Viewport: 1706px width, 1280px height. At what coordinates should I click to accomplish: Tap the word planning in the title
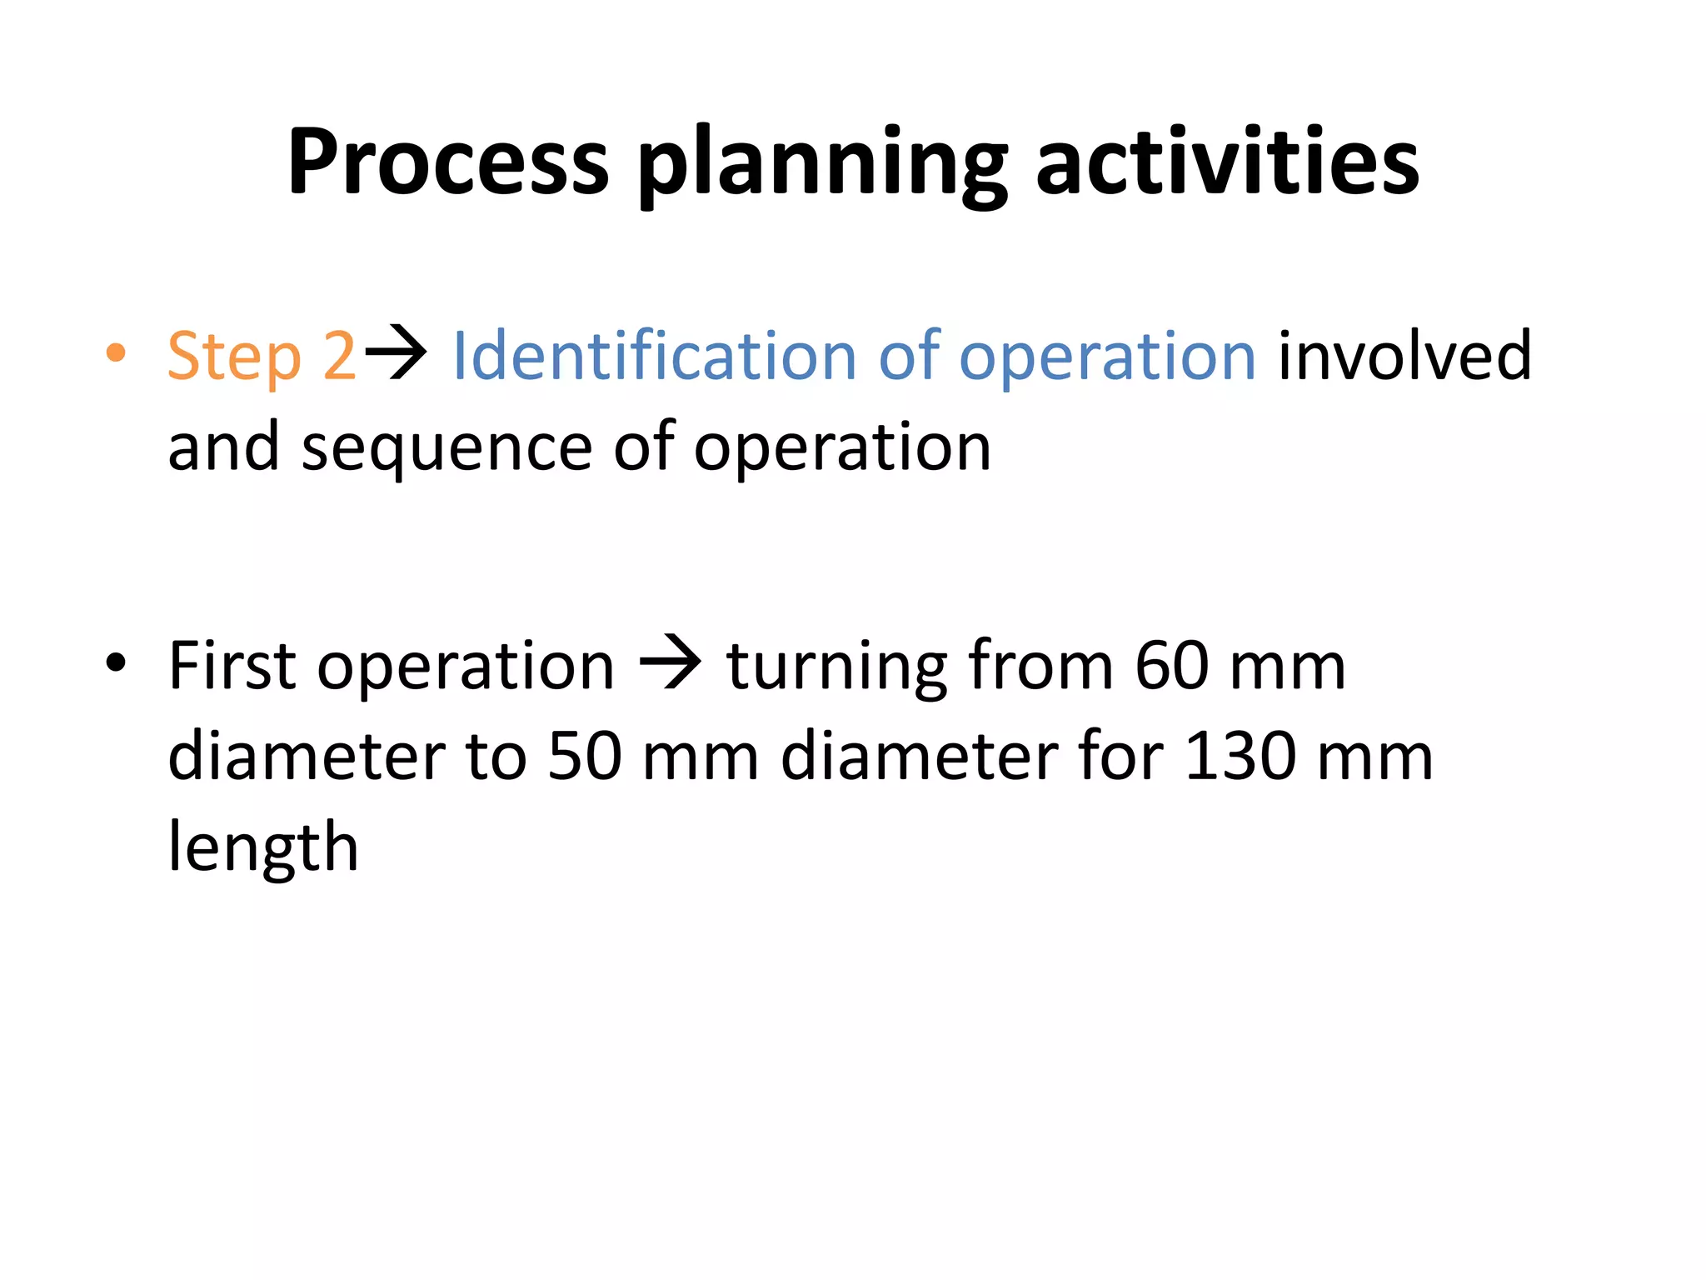(822, 164)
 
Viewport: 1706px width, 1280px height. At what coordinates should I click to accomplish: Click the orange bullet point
(116, 352)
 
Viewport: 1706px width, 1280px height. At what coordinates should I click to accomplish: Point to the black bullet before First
(116, 663)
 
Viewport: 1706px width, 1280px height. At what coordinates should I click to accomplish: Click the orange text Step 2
(262, 357)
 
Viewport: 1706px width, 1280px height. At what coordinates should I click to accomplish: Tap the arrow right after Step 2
(397, 354)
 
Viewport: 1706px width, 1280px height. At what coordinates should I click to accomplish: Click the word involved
(1404, 355)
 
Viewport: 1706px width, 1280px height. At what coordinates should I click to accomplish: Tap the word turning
(836, 668)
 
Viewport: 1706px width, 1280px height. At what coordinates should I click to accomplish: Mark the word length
(263, 848)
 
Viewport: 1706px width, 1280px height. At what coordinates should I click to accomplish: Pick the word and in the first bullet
(223, 447)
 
